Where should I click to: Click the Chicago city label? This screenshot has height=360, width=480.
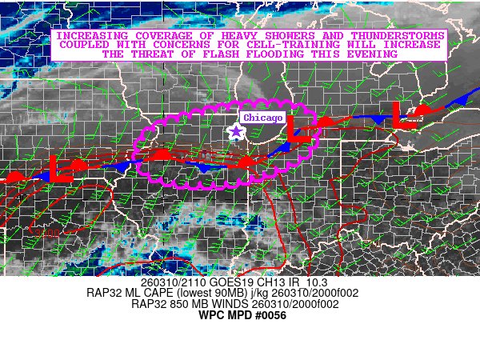(x=263, y=118)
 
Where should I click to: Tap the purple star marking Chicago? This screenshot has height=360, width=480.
(x=236, y=132)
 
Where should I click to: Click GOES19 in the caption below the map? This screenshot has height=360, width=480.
(x=222, y=283)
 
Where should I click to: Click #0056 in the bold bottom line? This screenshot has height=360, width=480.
(x=269, y=315)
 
